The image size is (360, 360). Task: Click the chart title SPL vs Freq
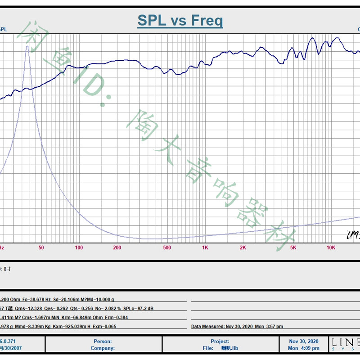(180, 21)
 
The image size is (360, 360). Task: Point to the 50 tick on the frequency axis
(41, 247)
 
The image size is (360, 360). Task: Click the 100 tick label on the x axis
(79, 247)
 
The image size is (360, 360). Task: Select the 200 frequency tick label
(117, 247)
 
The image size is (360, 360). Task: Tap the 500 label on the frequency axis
(167, 247)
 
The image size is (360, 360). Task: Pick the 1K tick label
(205, 247)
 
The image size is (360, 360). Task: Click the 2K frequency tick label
(243, 247)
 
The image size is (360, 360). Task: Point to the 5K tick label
(293, 247)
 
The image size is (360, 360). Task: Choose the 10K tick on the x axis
(331, 247)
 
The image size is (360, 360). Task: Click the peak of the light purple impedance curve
(27, 47)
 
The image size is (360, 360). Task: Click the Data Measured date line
(237, 326)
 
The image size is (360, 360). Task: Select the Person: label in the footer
(103, 342)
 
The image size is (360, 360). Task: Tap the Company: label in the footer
(103, 348)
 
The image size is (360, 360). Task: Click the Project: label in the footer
(220, 342)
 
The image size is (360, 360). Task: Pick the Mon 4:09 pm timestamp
(304, 348)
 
